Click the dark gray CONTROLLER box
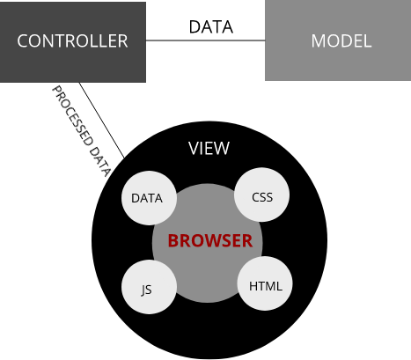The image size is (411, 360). point(72,41)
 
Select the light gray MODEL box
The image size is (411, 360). point(338,41)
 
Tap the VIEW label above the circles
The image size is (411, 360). point(209,148)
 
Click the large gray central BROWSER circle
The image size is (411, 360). point(207,264)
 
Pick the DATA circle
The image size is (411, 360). point(147,198)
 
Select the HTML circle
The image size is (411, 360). point(265,286)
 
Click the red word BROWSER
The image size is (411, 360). point(210,241)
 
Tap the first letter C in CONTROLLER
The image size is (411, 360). point(23,41)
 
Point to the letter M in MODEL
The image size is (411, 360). point(319,41)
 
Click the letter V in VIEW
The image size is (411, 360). point(193,148)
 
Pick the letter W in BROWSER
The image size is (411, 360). point(209,241)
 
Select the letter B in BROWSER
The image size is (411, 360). point(173,241)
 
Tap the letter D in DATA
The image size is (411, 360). point(135,198)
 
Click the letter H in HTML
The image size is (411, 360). point(253,286)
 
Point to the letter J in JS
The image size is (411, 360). point(143,289)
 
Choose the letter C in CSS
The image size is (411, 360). point(255,197)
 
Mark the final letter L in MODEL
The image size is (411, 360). point(367,41)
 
